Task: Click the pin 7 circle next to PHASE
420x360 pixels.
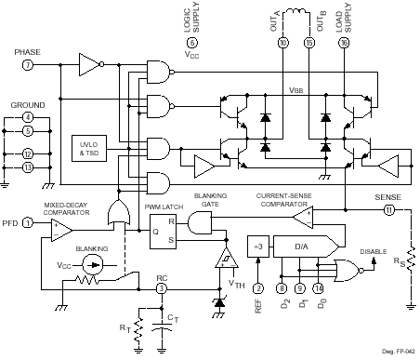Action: pyautogui.click(x=28, y=65)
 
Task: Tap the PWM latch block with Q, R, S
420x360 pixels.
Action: pyautogui.click(x=164, y=229)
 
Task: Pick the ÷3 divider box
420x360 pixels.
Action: pyautogui.click(x=258, y=247)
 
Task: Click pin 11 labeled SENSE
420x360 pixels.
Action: pyautogui.click(x=389, y=211)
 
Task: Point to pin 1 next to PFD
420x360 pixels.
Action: pyautogui.click(x=28, y=222)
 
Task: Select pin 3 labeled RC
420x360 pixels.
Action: pyautogui.click(x=161, y=288)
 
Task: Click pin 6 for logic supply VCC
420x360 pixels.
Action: pyautogui.click(x=191, y=42)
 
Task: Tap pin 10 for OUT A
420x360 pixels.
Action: pyautogui.click(x=282, y=42)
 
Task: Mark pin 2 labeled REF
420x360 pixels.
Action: pyautogui.click(x=258, y=287)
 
